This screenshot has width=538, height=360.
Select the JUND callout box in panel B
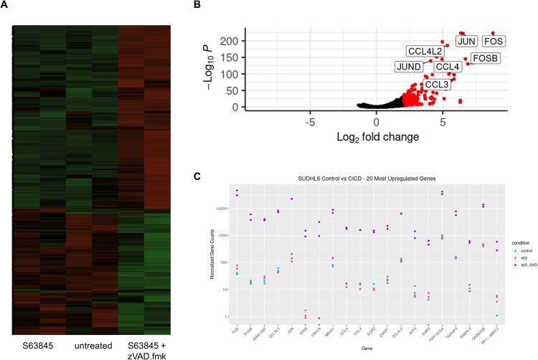[x=409, y=67]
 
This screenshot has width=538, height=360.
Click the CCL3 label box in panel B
[x=437, y=85]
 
